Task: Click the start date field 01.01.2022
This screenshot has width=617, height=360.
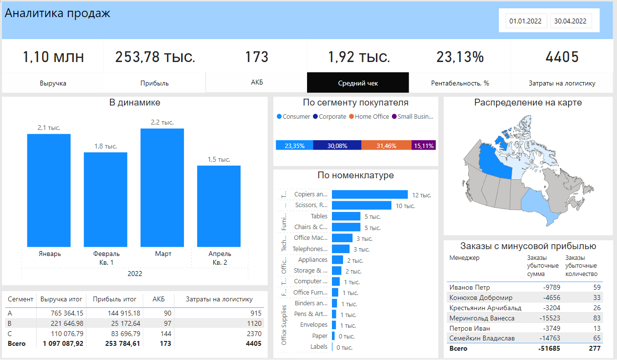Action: pos(526,21)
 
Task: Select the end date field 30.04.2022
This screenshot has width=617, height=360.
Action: pos(571,21)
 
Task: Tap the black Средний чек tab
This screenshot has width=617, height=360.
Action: pos(358,83)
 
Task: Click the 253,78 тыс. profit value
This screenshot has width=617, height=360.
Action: pos(155,57)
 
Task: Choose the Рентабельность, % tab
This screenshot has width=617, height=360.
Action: pos(460,83)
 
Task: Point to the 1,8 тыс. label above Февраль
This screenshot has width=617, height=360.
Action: pos(105,146)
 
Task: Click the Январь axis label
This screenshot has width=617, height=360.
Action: pos(49,254)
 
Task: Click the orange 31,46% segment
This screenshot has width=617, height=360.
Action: pos(386,146)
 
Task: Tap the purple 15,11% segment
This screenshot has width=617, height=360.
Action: pos(423,146)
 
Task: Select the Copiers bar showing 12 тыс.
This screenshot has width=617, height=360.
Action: pos(370,194)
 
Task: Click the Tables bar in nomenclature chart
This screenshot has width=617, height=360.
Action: pos(346,216)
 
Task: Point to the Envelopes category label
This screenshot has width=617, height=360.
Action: pos(314,325)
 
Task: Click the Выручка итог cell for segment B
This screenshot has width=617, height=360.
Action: pos(62,323)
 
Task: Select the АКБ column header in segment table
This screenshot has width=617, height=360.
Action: pos(159,299)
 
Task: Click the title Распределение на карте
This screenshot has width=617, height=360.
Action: pos(528,103)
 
